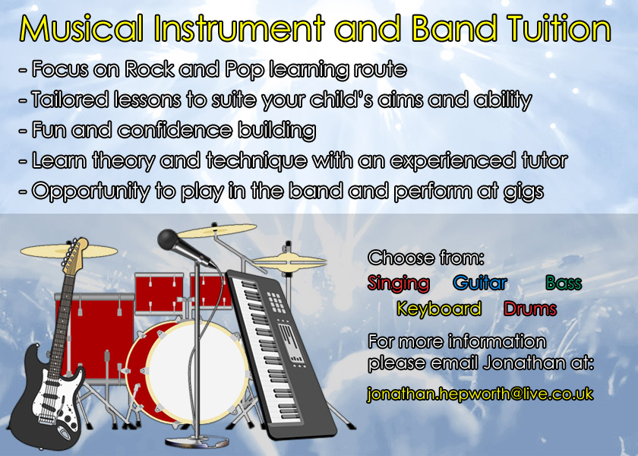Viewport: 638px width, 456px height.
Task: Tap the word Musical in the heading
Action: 81,29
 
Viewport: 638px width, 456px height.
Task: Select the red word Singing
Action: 398,283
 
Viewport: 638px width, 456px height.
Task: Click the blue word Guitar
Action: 480,283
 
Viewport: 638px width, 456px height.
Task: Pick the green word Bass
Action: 564,283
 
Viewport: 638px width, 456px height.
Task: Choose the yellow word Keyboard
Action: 439,309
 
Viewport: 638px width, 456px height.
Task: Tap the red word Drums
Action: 530,309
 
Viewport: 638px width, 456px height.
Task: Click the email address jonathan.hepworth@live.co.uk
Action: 480,394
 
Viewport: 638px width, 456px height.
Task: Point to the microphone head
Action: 169,239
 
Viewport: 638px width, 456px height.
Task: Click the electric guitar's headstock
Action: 74,255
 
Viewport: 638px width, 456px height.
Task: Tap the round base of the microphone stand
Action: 197,442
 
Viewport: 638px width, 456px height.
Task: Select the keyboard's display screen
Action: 289,343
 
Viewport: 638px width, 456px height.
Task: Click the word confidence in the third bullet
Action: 175,130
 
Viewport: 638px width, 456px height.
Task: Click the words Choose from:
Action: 426,258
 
